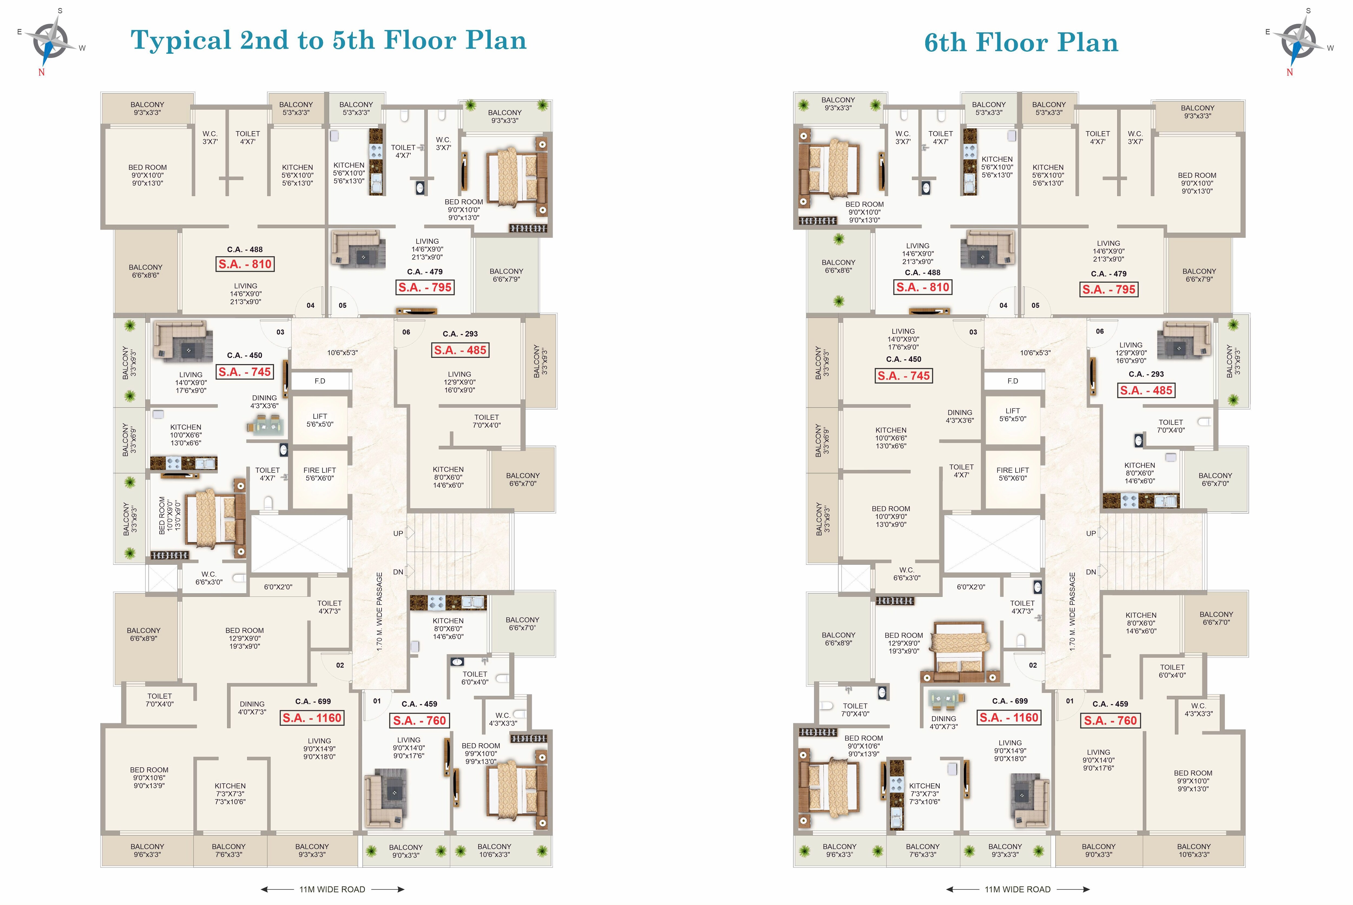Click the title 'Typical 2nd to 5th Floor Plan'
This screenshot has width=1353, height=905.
pos(329,40)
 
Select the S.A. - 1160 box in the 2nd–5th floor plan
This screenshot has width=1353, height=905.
pos(312,718)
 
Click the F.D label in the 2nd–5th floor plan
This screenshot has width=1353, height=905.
pos(320,381)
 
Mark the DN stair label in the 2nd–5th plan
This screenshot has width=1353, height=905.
pos(398,572)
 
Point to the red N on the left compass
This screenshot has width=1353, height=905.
pos(42,72)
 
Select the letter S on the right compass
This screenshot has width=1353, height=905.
pos(1308,11)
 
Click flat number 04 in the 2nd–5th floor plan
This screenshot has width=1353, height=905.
pos(311,305)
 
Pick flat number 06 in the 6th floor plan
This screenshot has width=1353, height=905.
pos(1099,331)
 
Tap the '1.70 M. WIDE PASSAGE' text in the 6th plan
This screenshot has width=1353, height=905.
pos(1072,612)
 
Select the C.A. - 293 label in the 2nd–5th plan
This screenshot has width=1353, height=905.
pos(460,333)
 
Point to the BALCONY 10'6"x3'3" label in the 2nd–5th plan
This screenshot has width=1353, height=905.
pos(494,850)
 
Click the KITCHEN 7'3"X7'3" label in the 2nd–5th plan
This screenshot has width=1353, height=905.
pos(230,794)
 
